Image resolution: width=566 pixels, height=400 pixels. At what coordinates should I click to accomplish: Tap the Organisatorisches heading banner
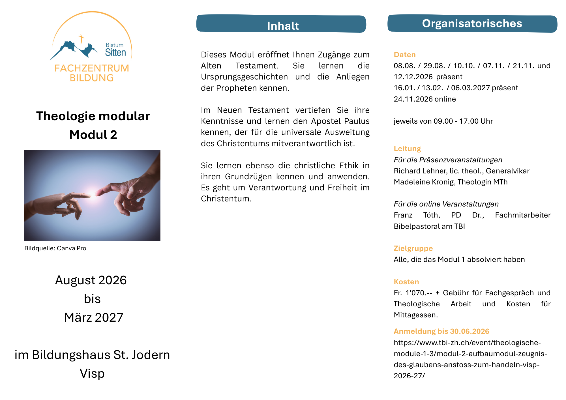coord(472,23)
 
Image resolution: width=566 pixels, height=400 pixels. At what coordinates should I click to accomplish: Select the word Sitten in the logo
coord(115,53)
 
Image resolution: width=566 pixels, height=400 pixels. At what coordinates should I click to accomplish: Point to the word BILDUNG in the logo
coord(92,78)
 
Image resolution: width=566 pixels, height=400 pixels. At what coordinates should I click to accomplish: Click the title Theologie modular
coord(93,116)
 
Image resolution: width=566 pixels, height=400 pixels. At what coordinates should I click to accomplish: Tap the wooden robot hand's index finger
coord(81,195)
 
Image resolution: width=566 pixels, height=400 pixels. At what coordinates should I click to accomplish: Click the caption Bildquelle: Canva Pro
coord(55,248)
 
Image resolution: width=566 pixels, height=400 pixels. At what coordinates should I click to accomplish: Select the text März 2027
coord(93,317)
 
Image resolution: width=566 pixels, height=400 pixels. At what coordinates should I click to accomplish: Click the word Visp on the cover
coord(92,373)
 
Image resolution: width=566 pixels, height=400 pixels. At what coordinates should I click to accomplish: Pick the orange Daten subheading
coord(405,55)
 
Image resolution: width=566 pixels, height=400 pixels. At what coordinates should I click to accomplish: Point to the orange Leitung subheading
coord(407,149)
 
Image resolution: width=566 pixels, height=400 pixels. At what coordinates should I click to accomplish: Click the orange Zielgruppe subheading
coord(413,248)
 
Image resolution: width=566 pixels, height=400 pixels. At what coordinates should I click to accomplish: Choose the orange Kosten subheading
coord(406,282)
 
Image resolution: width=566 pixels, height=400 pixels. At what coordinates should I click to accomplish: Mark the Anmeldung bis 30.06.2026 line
coord(441,331)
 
